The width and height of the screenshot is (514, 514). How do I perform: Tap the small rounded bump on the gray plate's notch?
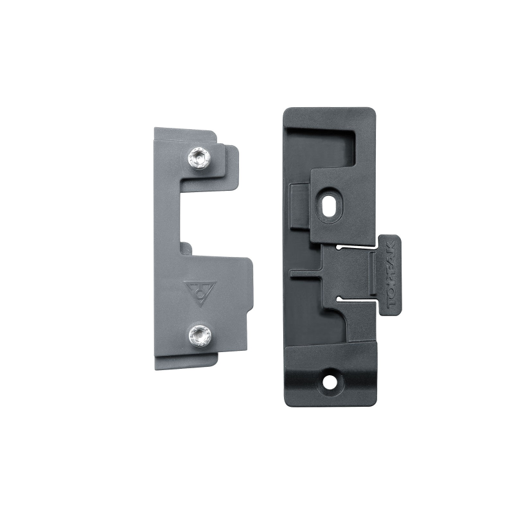(x=186, y=245)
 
